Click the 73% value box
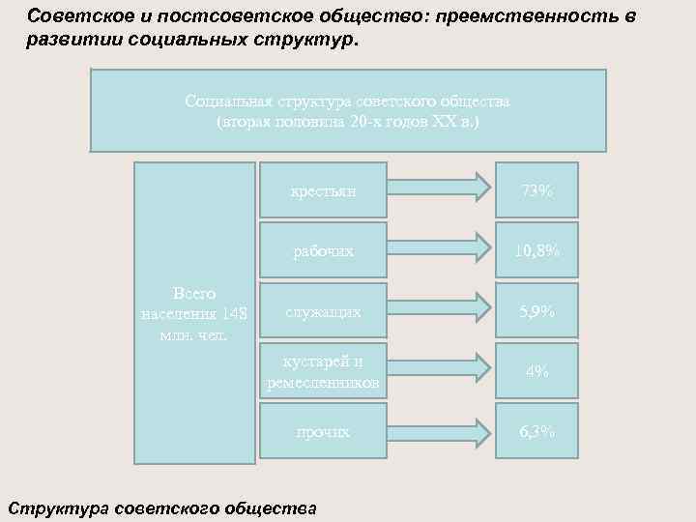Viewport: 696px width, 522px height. pyautogui.click(x=536, y=190)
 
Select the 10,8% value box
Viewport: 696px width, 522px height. pyautogui.click(x=536, y=251)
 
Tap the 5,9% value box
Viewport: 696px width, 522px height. pyautogui.click(x=536, y=311)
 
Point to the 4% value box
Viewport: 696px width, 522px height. pyautogui.click(x=536, y=371)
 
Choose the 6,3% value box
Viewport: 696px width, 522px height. pyautogui.click(x=536, y=431)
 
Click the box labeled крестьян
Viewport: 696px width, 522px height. pyautogui.click(x=323, y=190)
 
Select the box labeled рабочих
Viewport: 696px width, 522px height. pyautogui.click(x=323, y=251)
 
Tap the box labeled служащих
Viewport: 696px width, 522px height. pyautogui.click(x=323, y=311)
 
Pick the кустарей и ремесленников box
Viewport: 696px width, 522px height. pyautogui.click(x=323, y=372)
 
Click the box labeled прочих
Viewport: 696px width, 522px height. pyautogui.click(x=323, y=431)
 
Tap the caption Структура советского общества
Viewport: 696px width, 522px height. pyautogui.click(x=161, y=507)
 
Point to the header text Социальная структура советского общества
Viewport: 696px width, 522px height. pyautogui.click(x=348, y=101)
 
